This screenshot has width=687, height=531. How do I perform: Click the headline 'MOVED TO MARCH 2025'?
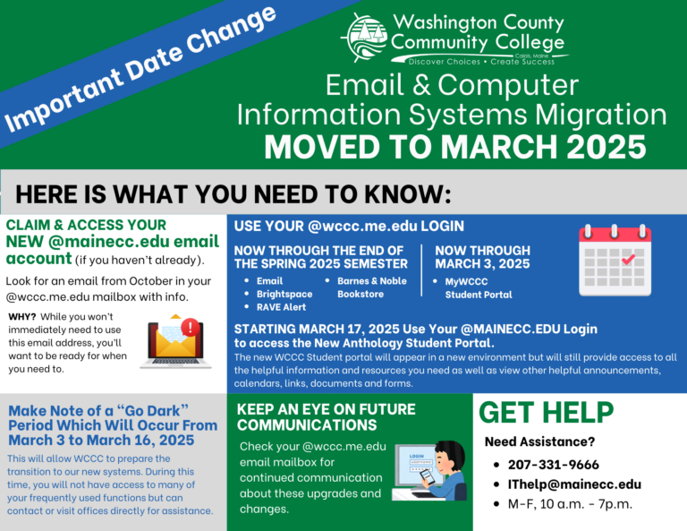tap(454, 145)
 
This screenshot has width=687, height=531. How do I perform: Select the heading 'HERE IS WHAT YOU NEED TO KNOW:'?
tap(233, 194)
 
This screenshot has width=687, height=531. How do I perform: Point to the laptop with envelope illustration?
tap(177, 341)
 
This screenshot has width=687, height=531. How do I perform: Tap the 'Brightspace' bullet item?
tap(284, 294)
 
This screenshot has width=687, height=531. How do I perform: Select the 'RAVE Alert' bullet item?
tap(281, 307)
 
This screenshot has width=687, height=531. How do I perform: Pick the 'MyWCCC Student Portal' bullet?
tap(479, 287)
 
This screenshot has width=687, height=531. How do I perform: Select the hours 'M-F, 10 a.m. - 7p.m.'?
tap(568, 503)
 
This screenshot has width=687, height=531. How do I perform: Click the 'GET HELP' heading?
tap(547, 412)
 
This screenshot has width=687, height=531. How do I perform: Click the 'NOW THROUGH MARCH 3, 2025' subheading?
tap(482, 257)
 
